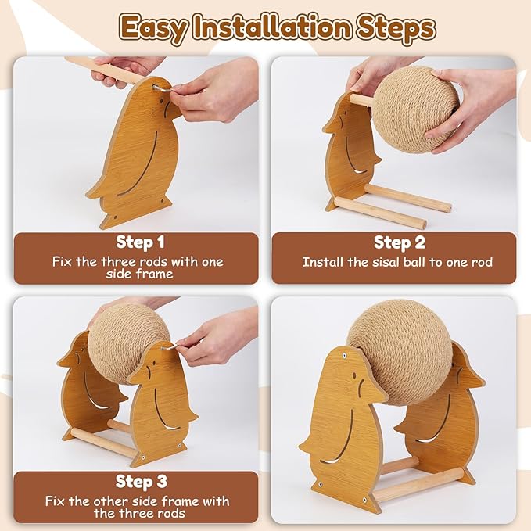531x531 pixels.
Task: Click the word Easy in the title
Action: click(154, 28)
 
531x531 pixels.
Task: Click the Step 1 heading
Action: click(140, 242)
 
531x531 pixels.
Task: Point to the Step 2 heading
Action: click(400, 242)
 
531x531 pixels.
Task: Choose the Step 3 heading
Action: click(142, 481)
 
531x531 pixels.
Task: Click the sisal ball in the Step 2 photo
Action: click(415, 109)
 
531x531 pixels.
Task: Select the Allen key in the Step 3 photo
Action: click(170, 346)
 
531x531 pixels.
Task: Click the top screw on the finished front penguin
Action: click(343, 356)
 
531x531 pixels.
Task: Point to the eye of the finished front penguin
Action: click(354, 375)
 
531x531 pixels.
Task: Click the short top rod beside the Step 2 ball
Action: click(361, 101)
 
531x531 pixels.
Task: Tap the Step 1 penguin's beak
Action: click(174, 111)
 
